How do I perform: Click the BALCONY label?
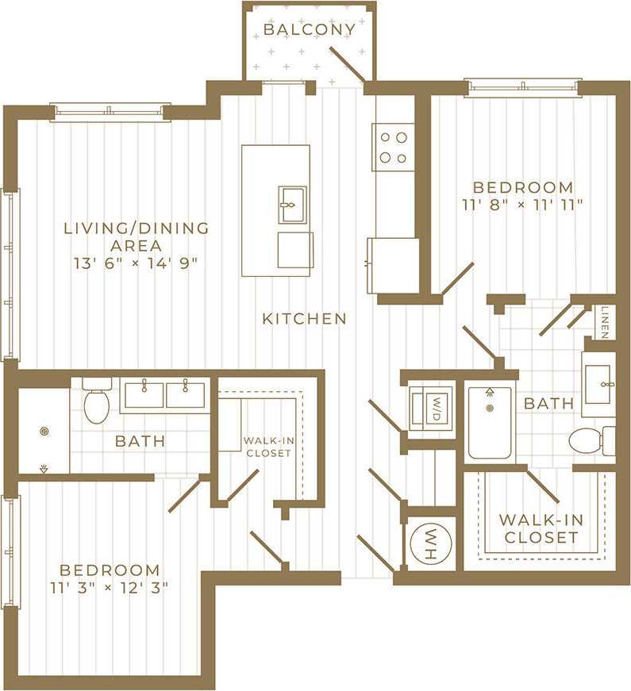click(310, 30)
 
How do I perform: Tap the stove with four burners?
click(393, 147)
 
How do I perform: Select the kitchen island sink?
click(291, 205)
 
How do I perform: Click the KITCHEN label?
click(305, 319)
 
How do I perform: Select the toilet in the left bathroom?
click(97, 402)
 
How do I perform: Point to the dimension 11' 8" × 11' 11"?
click(522, 205)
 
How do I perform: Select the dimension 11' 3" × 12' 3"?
click(110, 588)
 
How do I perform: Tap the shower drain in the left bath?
click(43, 432)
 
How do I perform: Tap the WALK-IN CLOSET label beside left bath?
click(267, 447)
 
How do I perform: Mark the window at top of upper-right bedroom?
click(523, 87)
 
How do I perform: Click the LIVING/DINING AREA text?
click(137, 236)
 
